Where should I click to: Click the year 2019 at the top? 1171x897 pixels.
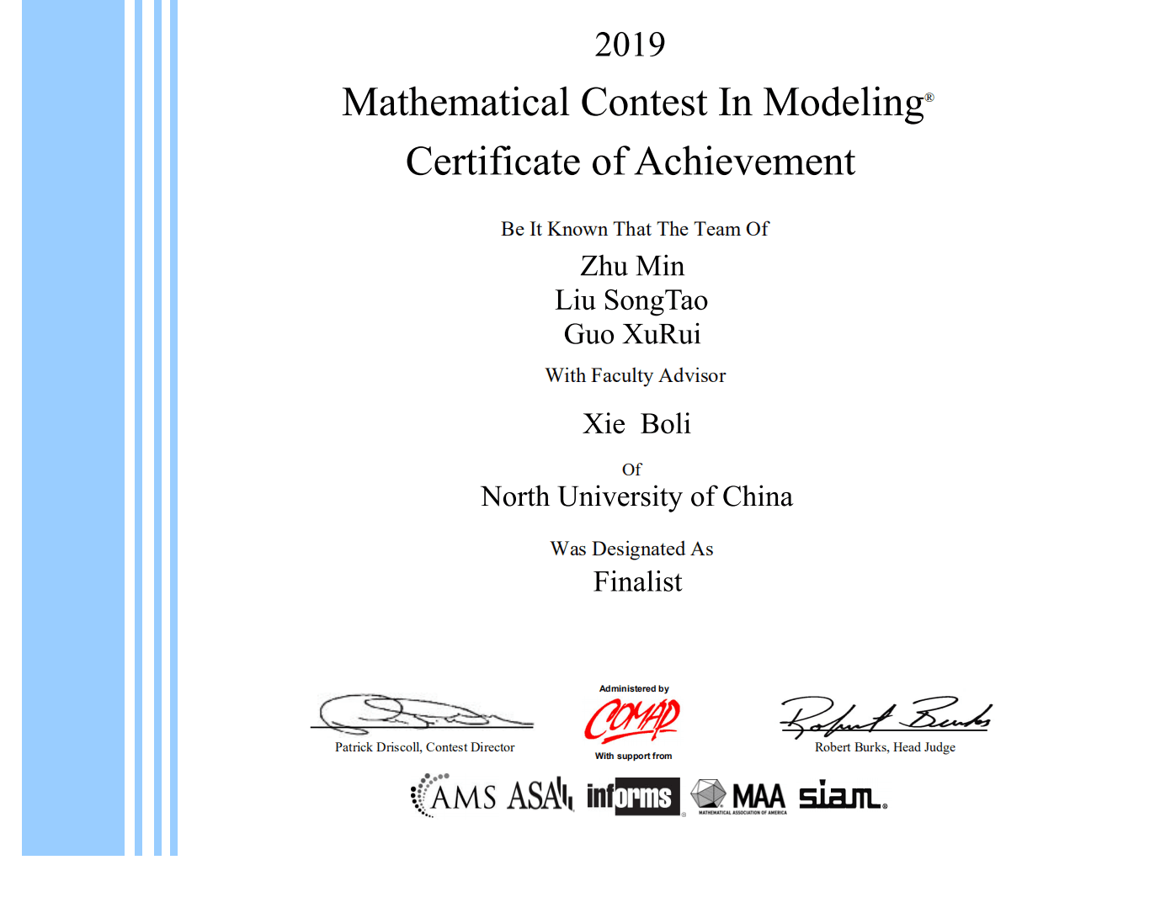pos(630,45)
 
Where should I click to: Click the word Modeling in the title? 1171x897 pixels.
pos(843,103)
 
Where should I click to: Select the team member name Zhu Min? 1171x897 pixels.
pos(632,266)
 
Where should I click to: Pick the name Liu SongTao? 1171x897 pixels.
pos(631,300)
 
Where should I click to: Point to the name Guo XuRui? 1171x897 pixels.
pos(632,334)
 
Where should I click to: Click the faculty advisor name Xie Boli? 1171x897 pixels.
pos(636,423)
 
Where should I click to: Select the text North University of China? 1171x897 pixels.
pos(636,496)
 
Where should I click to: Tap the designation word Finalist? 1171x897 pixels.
pos(637,581)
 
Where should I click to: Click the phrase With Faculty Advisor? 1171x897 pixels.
pos(636,375)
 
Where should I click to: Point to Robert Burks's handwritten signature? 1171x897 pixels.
pos(884,716)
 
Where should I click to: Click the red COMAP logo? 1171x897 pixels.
pos(632,720)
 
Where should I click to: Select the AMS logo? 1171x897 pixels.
pos(455,796)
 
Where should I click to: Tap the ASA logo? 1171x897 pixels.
pos(540,795)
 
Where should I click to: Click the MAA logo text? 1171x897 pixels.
pos(758,795)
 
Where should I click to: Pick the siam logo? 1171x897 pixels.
pos(841,795)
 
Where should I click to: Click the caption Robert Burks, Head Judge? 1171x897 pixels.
pos(885,747)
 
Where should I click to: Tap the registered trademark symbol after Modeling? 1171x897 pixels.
pos(929,97)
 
